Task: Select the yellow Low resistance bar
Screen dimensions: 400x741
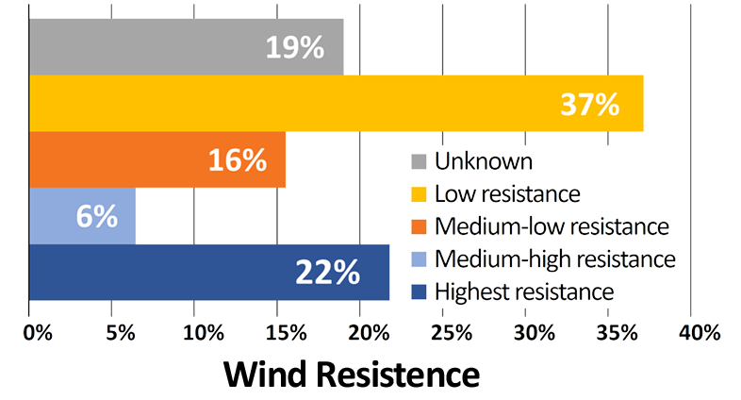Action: tap(283, 104)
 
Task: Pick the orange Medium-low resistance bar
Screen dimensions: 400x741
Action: tap(113, 160)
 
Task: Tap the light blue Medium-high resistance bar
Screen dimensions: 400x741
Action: tap(57, 216)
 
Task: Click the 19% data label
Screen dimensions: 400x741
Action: tap(294, 47)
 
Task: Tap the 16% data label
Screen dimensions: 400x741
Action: tap(238, 160)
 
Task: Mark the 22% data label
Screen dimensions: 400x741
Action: tap(327, 273)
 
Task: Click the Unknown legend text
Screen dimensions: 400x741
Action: tap(483, 161)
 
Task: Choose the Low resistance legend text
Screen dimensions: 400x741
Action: tap(506, 193)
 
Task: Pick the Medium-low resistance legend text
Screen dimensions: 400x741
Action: tap(552, 226)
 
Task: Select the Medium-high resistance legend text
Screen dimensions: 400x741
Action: tap(554, 258)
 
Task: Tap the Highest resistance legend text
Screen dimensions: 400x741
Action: tap(524, 292)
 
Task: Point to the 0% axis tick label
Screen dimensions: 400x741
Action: tap(37, 333)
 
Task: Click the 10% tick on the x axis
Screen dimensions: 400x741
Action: tap(204, 333)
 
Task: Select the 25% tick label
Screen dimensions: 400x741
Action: tap(452, 333)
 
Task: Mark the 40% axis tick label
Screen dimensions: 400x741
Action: tap(700, 333)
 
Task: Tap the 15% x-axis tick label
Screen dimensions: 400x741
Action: tap(287, 333)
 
